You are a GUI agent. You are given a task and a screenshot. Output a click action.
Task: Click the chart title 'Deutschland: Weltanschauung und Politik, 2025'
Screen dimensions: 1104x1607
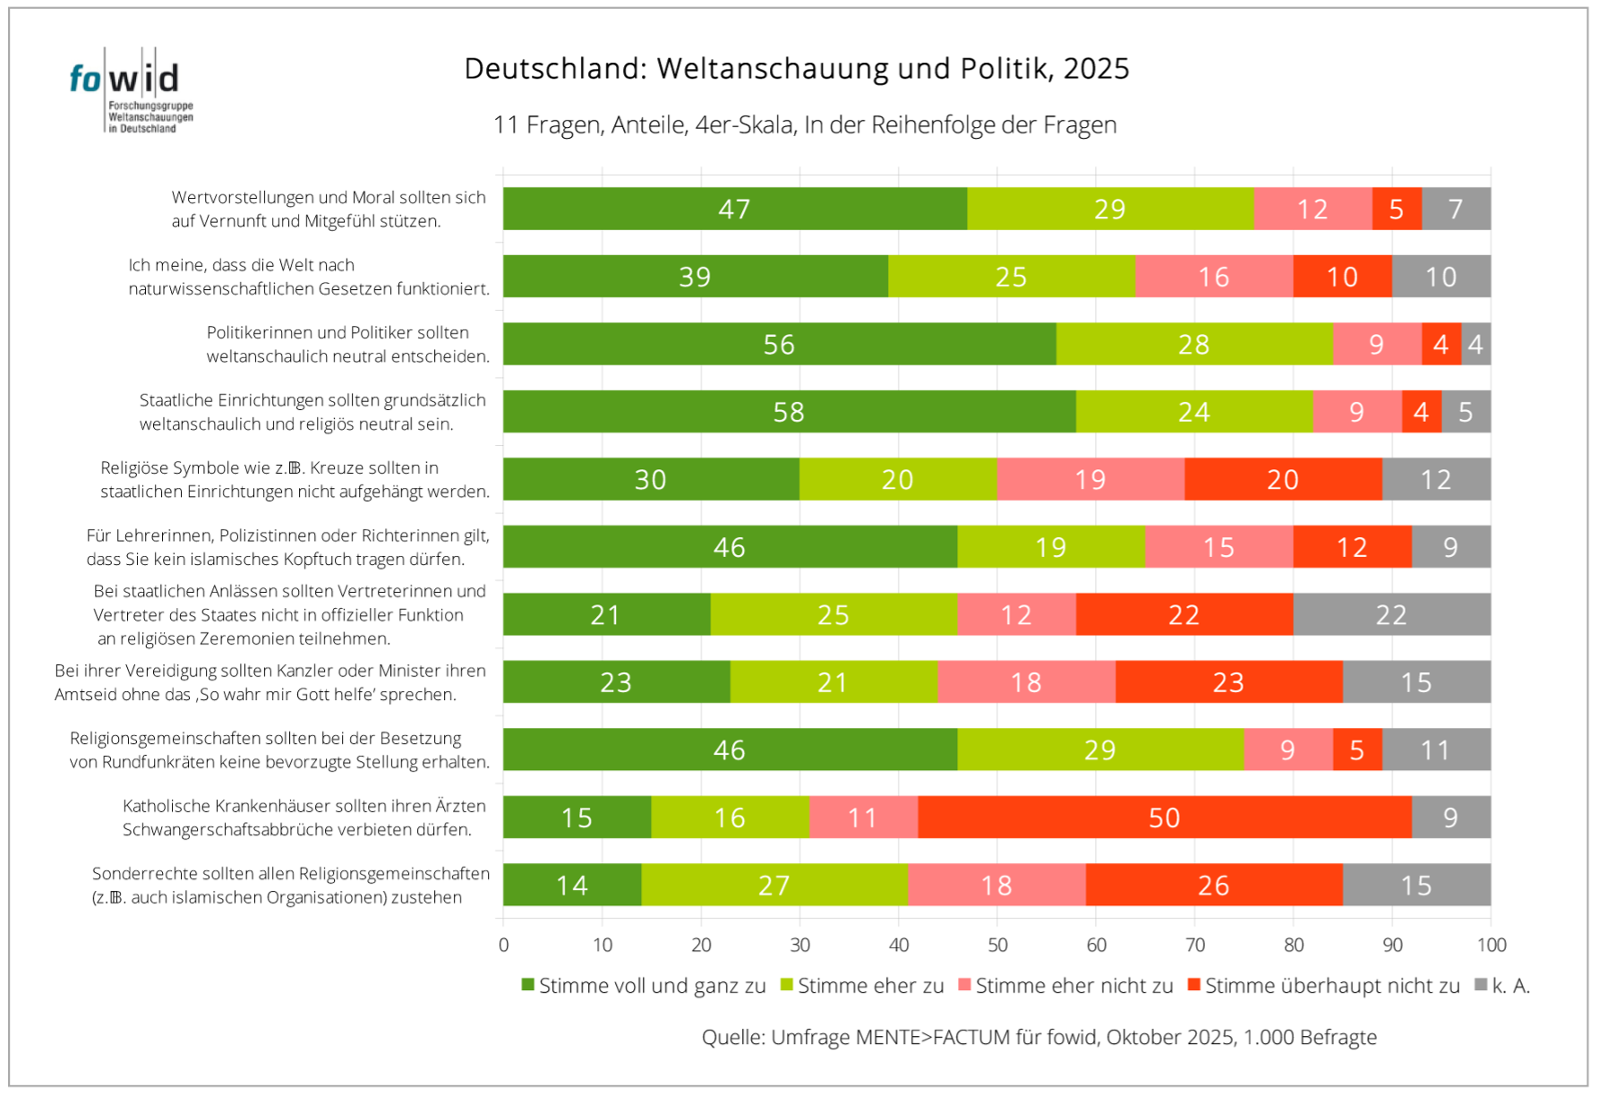pos(796,69)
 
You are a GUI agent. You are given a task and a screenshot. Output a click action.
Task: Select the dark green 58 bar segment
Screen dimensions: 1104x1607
pos(789,412)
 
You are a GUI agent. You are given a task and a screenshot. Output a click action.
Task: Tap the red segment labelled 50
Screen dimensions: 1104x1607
pos(1164,817)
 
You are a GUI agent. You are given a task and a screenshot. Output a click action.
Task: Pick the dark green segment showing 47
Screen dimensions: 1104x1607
pos(734,209)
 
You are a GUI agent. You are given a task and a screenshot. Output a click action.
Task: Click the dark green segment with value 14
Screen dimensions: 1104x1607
pos(572,886)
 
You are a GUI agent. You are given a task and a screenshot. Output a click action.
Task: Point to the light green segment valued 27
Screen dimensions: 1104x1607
pos(774,886)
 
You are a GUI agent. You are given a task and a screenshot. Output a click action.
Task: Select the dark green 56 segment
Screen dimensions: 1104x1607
pos(779,344)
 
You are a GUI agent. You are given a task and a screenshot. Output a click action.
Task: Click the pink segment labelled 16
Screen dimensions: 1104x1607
pos(1213,277)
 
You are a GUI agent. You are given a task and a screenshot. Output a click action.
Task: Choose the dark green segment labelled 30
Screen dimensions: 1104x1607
pos(651,480)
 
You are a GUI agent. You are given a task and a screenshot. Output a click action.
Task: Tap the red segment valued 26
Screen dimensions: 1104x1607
pos(1213,886)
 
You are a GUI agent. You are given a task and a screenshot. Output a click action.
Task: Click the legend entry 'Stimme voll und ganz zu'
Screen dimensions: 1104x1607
pos(644,986)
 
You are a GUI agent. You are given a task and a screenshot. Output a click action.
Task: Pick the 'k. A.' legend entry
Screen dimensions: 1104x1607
pos(1503,986)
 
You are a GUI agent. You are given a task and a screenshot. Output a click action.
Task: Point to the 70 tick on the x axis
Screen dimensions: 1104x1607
pos(1195,945)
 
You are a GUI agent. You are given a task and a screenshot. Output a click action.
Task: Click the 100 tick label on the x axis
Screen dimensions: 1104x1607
pos(1492,945)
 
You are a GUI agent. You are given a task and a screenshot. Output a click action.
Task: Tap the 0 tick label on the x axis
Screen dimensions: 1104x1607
pos(503,945)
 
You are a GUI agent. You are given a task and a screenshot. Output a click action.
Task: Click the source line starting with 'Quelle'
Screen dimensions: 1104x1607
pos(1039,1037)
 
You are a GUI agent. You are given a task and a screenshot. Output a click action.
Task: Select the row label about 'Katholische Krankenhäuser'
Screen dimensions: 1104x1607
pos(304,817)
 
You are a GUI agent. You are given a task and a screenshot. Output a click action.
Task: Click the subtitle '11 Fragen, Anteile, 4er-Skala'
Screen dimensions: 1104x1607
pos(804,124)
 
